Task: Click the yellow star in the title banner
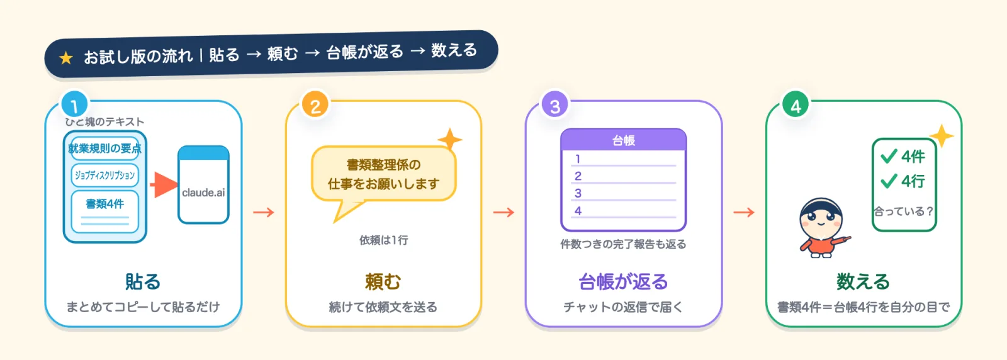click(66, 58)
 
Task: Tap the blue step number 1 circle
click(75, 106)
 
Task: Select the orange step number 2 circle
click(315, 106)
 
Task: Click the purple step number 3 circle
click(555, 106)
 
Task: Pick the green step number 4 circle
click(796, 106)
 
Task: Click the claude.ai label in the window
click(203, 193)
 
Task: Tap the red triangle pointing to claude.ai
click(164, 184)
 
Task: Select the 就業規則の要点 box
click(104, 149)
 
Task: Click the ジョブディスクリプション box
click(104, 176)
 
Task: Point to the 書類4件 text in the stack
click(104, 204)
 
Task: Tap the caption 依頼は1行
click(383, 240)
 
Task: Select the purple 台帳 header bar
click(624, 140)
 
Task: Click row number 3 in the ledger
click(578, 193)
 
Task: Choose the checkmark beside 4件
click(889, 156)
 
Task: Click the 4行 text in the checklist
click(913, 181)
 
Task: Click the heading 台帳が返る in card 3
click(623, 282)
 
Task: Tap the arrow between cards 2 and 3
click(503, 212)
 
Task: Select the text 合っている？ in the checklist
click(904, 211)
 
